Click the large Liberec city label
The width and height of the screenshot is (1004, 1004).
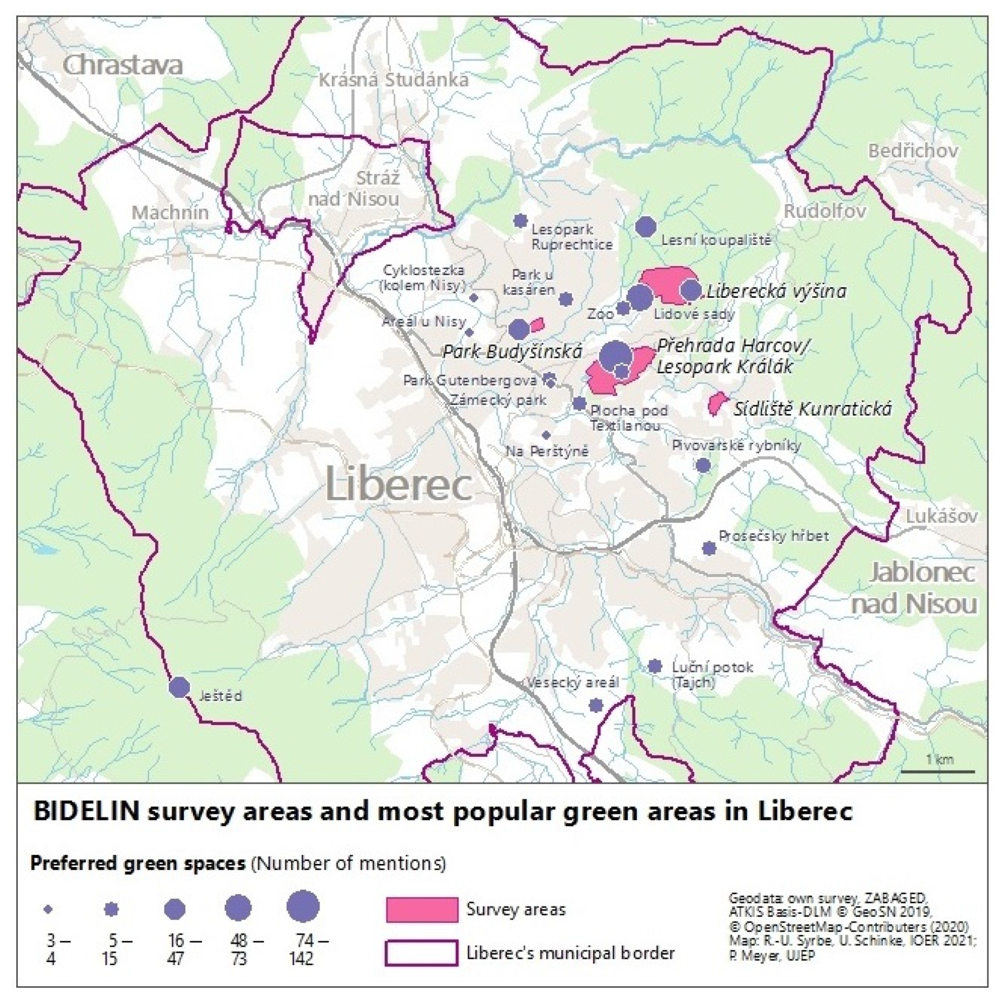click(x=399, y=486)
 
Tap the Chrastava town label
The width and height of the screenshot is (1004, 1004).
click(x=123, y=65)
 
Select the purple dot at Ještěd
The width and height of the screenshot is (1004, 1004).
click(x=179, y=687)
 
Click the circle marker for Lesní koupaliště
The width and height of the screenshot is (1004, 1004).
click(x=646, y=227)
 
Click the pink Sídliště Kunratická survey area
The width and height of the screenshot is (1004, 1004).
click(x=716, y=403)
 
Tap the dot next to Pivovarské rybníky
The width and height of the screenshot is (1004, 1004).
click(x=702, y=465)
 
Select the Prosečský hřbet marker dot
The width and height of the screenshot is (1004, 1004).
click(x=709, y=548)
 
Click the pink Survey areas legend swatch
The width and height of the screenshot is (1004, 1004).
click(x=422, y=909)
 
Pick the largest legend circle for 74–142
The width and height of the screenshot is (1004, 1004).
click(x=303, y=906)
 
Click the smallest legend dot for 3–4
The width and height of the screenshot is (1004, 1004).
click(x=49, y=909)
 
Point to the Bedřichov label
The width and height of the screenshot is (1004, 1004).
click(x=913, y=151)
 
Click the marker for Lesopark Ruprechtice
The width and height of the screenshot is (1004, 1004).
click(x=520, y=221)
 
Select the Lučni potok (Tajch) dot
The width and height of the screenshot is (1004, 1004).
click(x=655, y=666)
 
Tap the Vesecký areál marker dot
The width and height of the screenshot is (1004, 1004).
click(x=596, y=705)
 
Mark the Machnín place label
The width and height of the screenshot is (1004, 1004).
click(x=170, y=212)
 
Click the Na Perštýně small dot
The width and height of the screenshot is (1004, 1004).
click(x=546, y=435)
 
